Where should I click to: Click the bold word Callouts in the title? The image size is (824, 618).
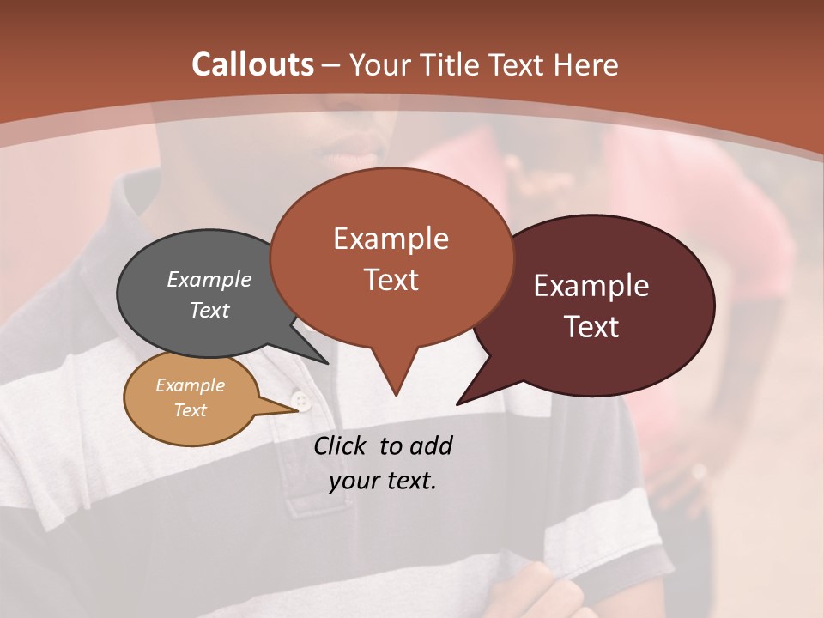(252, 64)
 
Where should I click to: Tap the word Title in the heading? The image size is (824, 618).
(447, 64)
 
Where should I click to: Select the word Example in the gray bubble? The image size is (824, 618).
(209, 279)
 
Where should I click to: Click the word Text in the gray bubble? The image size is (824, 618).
(209, 310)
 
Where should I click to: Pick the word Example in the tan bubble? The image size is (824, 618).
(190, 385)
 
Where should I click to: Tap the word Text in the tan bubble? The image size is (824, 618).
(190, 410)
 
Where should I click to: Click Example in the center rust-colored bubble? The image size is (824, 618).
(391, 239)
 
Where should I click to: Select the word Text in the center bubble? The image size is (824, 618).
(391, 280)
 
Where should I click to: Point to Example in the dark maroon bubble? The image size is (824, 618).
(591, 286)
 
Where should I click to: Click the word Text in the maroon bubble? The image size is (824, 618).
(591, 327)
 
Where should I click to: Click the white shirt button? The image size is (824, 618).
(300, 401)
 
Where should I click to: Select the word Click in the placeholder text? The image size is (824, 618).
(342, 445)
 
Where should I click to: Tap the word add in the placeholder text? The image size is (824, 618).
(431, 445)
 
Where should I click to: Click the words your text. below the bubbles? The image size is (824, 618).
(383, 481)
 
